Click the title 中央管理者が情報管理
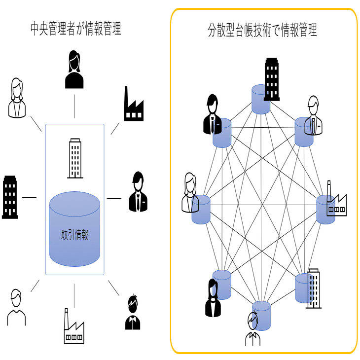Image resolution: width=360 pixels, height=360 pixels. point(75,30)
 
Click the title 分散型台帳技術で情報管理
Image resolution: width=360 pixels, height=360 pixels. point(262,31)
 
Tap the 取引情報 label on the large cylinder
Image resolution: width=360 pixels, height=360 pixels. point(74,235)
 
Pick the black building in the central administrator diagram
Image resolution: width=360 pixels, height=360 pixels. point(10,197)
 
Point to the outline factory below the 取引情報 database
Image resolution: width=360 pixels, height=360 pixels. point(74,326)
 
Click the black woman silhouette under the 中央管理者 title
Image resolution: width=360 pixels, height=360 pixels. point(74,70)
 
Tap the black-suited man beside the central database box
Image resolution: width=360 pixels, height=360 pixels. point(138,192)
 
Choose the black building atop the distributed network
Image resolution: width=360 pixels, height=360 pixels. point(272,78)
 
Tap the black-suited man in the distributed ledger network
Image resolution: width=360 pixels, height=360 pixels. point(212,114)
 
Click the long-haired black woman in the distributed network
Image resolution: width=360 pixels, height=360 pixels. point(213,298)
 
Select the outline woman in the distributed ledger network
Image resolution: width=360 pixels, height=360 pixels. point(190,193)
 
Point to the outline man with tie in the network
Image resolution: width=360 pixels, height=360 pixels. point(313,115)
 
